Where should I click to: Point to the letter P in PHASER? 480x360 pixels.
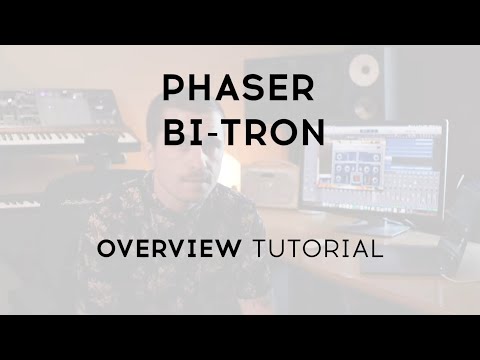click(x=171, y=90)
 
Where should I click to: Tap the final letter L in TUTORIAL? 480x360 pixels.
click(x=377, y=249)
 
